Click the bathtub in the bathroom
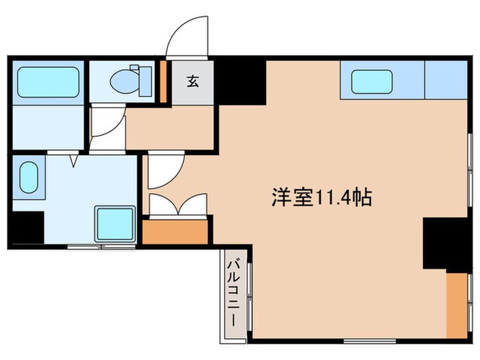click(46, 82)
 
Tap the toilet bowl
click(123, 82)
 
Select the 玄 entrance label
click(192, 82)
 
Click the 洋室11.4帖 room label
click(320, 199)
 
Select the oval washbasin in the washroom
click(29, 178)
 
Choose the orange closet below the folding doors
click(176, 231)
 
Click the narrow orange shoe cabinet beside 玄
click(163, 82)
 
